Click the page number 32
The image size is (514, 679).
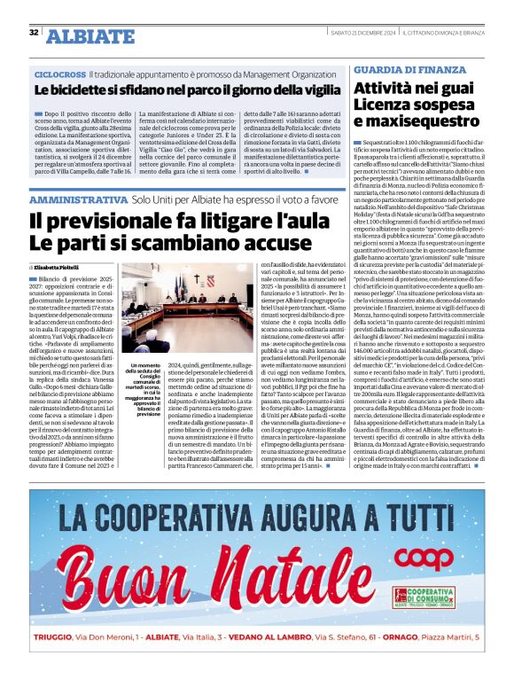pyautogui.click(x=33, y=33)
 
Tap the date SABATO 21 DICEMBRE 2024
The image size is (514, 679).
pyautogui.click(x=364, y=33)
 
